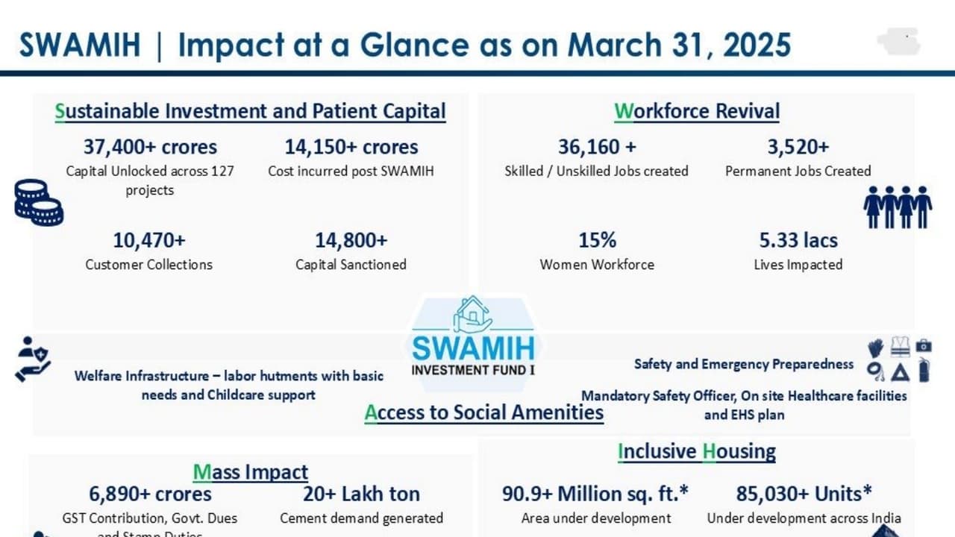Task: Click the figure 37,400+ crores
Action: click(x=150, y=147)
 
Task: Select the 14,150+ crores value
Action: click(x=351, y=147)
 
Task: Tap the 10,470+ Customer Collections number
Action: click(x=149, y=240)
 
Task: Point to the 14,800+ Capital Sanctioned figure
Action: click(x=351, y=240)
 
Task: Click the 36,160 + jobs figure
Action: click(x=597, y=147)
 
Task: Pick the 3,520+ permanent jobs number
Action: click(x=798, y=147)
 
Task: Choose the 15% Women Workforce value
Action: click(x=597, y=240)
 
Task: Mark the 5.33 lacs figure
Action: click(x=798, y=240)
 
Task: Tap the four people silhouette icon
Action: click(x=898, y=207)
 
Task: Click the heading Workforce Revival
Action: click(x=697, y=111)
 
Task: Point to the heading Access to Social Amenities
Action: click(x=483, y=412)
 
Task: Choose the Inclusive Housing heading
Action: click(x=697, y=451)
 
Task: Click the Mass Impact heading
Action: click(x=250, y=472)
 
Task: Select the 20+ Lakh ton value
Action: click(x=361, y=494)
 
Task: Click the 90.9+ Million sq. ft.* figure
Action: click(x=595, y=494)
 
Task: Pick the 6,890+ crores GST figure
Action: click(x=150, y=494)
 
